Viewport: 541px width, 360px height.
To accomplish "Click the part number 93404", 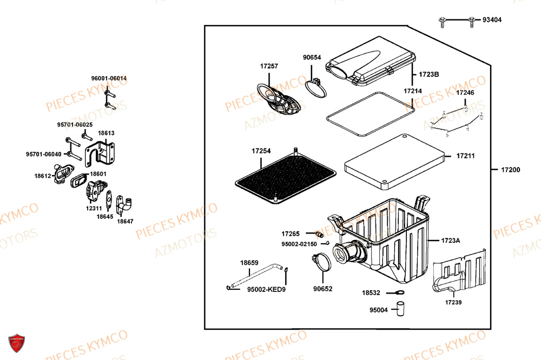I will point(492,20).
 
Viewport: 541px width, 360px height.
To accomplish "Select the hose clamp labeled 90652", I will point(323,262).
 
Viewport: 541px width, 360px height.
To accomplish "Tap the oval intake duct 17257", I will point(280,100).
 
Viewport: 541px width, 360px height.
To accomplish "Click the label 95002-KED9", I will point(266,290).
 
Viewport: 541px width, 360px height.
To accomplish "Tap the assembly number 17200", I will point(510,170).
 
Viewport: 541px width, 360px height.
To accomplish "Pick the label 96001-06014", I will point(109,78).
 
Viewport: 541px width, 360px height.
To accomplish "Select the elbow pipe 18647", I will point(126,204).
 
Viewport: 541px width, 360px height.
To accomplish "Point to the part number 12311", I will point(94,208).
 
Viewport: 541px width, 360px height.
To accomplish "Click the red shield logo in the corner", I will point(18,343).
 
